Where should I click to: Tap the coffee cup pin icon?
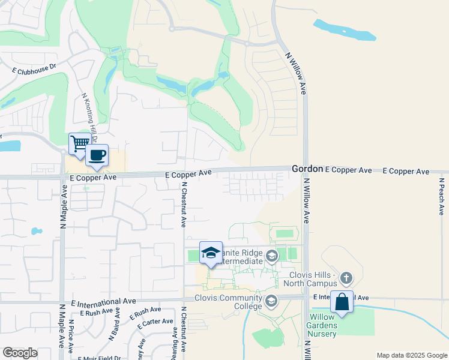point(97,155)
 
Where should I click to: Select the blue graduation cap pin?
point(211,253)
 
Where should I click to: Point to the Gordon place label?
point(307,170)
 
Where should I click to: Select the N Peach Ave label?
point(441,196)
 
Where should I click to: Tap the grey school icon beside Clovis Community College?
point(271,301)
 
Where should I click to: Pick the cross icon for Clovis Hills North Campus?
point(346,278)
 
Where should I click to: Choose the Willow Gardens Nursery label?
point(324,326)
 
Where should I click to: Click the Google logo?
point(20,353)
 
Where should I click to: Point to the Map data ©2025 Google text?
point(411,355)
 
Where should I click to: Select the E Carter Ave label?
point(155,323)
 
